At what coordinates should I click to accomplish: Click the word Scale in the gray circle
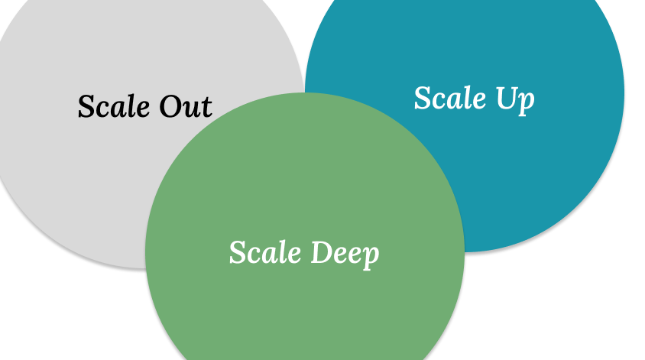(x=115, y=106)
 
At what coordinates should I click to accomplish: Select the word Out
(x=186, y=106)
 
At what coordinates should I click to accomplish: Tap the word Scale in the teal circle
(x=450, y=98)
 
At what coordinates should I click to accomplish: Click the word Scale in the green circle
(x=265, y=252)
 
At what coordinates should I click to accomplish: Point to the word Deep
(x=344, y=253)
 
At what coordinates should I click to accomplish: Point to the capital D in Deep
(x=320, y=251)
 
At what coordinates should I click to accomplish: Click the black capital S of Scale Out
(x=86, y=106)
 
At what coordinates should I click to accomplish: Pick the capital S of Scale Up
(x=422, y=98)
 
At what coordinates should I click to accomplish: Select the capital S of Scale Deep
(x=237, y=252)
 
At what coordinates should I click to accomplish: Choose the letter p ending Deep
(x=371, y=257)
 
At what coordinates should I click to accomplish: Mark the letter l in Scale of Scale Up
(x=467, y=97)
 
